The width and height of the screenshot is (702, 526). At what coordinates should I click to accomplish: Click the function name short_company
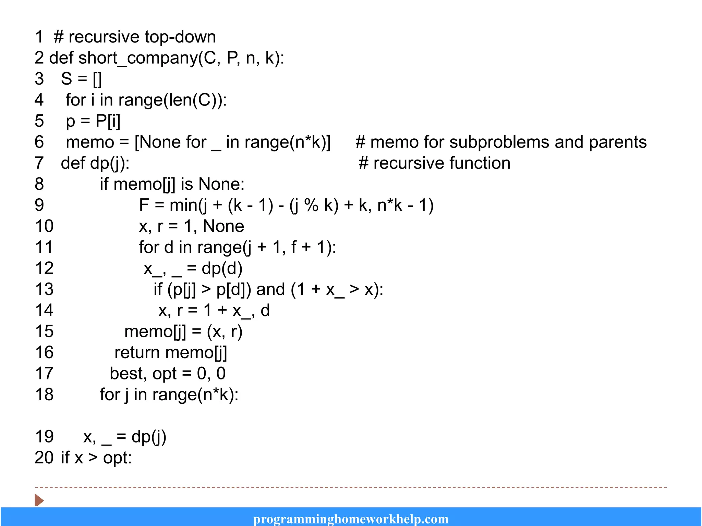(138, 58)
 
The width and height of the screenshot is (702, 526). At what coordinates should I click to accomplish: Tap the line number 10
(44, 226)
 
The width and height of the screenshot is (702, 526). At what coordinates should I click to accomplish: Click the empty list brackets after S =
(97, 79)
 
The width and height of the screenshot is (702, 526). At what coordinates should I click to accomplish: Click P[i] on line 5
(108, 121)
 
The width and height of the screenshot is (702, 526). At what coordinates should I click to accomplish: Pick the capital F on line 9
(144, 205)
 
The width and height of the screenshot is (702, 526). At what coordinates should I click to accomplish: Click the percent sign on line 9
(311, 205)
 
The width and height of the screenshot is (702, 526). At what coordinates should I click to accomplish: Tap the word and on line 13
(270, 290)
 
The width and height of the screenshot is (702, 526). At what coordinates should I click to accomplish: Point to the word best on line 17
(125, 374)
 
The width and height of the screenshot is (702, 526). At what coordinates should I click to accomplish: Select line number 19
(44, 437)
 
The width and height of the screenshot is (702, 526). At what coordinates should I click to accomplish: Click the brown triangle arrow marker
(39, 500)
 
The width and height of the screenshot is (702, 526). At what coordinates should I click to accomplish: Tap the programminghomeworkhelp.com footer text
(351, 519)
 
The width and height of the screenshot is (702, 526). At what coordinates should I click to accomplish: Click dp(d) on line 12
(222, 268)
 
